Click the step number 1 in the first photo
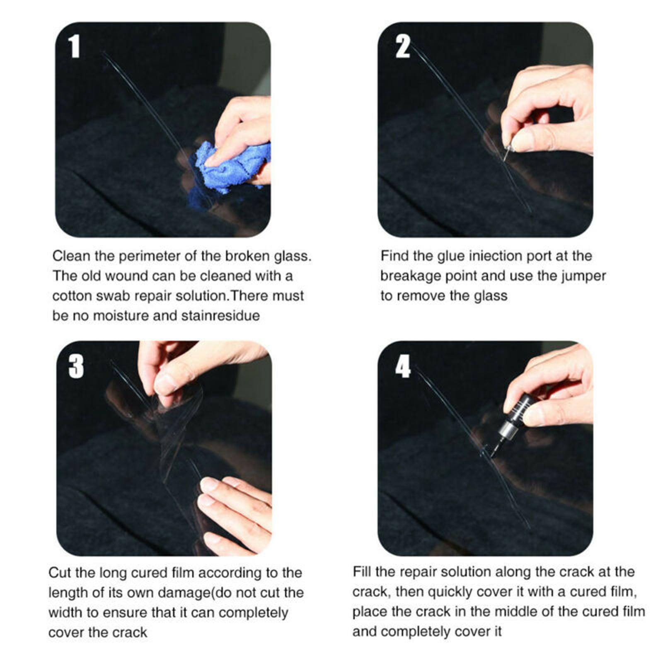pyautogui.click(x=74, y=46)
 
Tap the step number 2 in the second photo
pyautogui.click(x=402, y=46)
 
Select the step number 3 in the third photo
pyautogui.click(x=76, y=366)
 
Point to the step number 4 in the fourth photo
pyautogui.click(x=403, y=366)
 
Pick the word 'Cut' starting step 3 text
pyautogui.click(x=60, y=573)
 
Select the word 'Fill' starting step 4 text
pyautogui.click(x=362, y=572)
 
